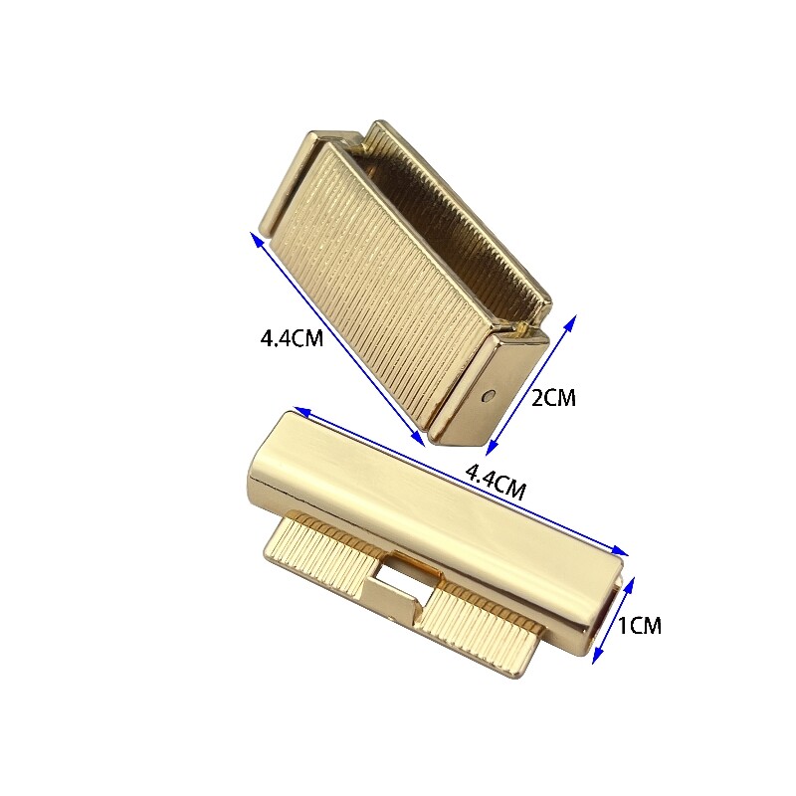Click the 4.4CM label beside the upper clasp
pyautogui.click(x=292, y=338)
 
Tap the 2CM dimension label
pyautogui.click(x=553, y=397)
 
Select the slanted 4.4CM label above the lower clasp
pyautogui.click(x=496, y=483)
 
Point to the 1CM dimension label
pyautogui.click(x=639, y=626)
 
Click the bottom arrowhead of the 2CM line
pyautogui.click(x=491, y=447)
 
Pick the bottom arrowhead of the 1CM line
pyautogui.click(x=599, y=656)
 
